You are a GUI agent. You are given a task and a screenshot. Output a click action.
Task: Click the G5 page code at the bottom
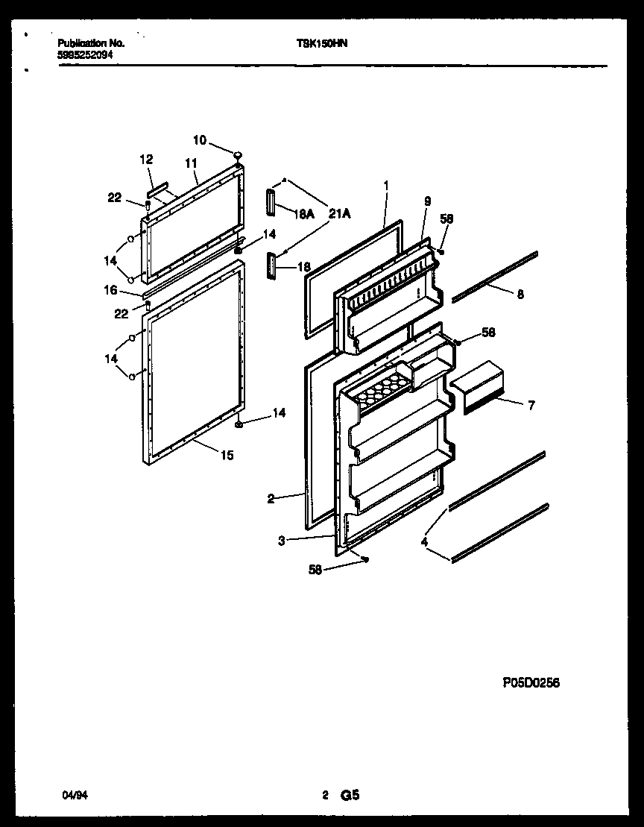(x=350, y=796)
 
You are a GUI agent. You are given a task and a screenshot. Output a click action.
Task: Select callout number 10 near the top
(x=200, y=139)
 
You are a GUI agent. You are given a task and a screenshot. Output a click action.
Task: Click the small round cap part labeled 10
(x=238, y=154)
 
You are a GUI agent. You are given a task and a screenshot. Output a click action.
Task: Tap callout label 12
(x=146, y=159)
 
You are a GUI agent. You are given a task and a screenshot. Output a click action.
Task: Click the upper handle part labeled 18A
(x=269, y=201)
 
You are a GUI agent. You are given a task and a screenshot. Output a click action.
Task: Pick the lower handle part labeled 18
(x=269, y=265)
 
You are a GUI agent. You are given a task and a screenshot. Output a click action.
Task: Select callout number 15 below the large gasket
(x=226, y=455)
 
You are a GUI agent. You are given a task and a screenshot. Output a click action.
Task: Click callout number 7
(x=530, y=406)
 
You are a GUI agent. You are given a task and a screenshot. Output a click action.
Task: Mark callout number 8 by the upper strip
(x=520, y=294)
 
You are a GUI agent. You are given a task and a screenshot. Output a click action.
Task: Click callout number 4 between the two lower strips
(x=424, y=543)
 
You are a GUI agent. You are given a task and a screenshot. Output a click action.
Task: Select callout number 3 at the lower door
(x=282, y=541)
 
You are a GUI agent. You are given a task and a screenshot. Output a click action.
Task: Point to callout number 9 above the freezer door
(x=427, y=201)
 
